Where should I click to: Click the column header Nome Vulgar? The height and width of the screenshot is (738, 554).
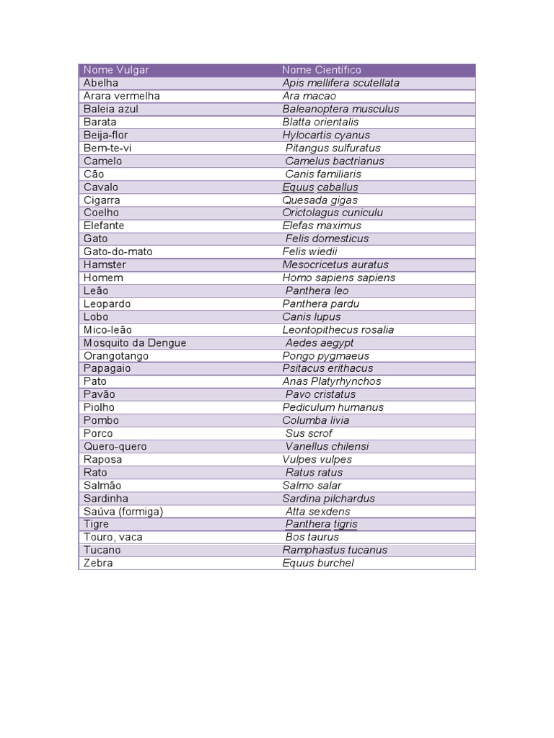click(116, 70)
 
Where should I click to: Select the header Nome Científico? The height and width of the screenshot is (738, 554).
click(322, 70)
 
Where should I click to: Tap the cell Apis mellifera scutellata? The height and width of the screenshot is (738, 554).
click(340, 83)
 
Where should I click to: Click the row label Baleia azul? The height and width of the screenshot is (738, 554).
click(111, 109)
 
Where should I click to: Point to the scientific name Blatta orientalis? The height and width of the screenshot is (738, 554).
click(320, 122)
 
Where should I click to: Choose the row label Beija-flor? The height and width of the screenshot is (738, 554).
click(106, 135)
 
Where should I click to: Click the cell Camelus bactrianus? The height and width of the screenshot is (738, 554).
click(335, 161)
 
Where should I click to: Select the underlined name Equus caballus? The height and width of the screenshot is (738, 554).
click(320, 187)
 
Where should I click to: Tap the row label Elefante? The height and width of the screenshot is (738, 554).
click(104, 226)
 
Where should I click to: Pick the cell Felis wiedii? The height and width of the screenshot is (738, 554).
click(309, 252)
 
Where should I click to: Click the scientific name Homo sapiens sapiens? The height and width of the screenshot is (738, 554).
click(338, 277)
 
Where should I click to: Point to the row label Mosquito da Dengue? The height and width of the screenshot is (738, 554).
click(135, 342)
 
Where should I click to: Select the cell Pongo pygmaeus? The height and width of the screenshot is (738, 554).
click(325, 355)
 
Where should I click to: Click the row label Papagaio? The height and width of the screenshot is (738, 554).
click(107, 368)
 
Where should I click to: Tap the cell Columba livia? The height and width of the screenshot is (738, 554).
click(315, 420)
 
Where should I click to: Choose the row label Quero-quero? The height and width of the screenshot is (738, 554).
click(115, 446)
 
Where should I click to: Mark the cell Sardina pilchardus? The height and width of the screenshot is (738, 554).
click(328, 498)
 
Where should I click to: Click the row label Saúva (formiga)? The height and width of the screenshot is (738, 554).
click(123, 511)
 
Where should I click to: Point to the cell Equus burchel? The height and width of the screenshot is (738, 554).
click(318, 563)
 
